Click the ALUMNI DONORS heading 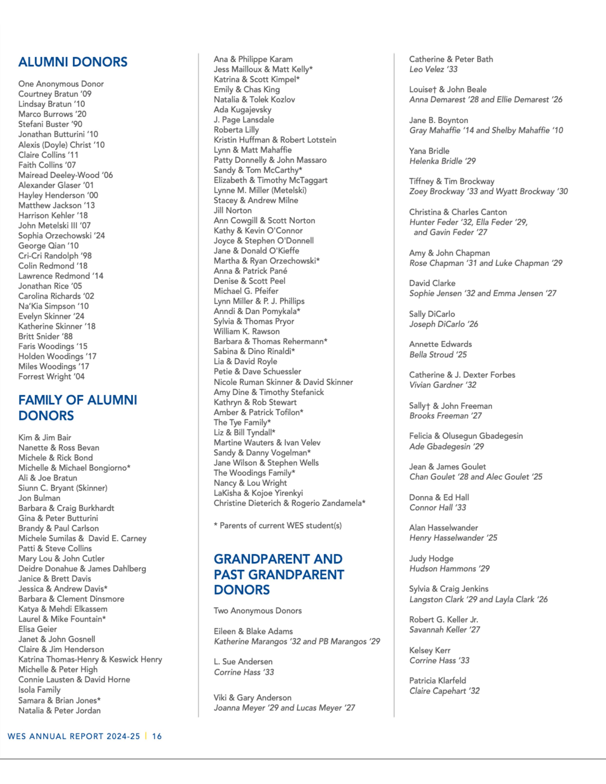(73, 62)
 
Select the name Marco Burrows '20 (53, 114)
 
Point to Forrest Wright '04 (51, 377)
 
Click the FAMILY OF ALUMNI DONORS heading (77, 408)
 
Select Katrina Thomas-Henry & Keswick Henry (90, 660)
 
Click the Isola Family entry (39, 690)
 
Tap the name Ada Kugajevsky (242, 110)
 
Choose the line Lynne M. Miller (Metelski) (260, 190)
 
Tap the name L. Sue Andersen (243, 662)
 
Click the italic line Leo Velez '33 (433, 69)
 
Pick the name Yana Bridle (429, 151)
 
